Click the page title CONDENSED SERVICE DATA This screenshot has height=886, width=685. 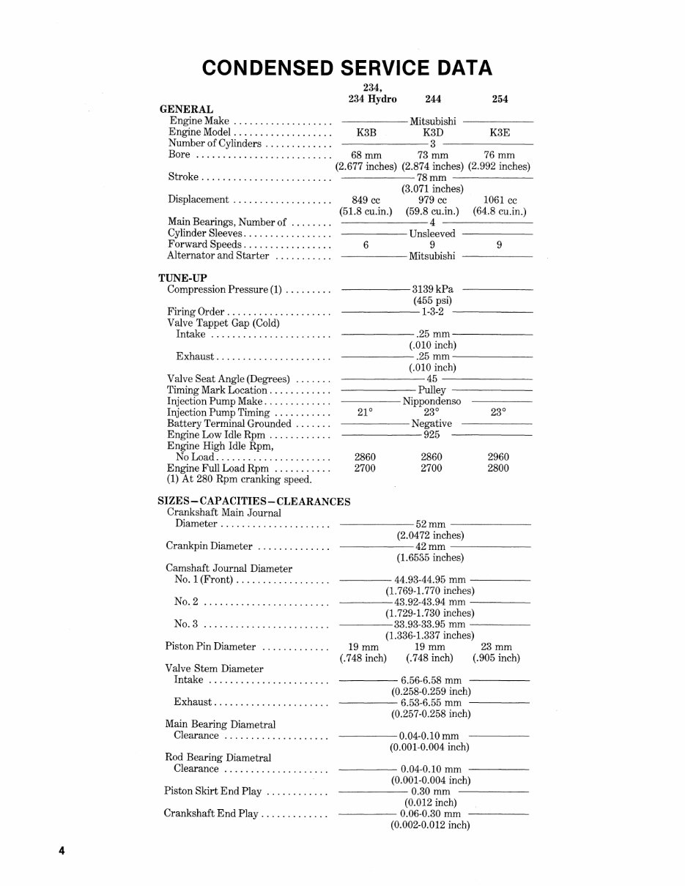(x=347, y=68)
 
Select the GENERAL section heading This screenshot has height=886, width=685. (x=186, y=109)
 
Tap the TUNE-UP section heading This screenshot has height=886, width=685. (x=183, y=278)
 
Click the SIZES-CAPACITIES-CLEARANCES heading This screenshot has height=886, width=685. (x=254, y=502)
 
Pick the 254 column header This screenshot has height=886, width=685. (x=499, y=99)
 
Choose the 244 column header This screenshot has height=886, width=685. (x=432, y=99)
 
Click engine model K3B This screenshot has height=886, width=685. (x=366, y=133)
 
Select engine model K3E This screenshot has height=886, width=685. (x=499, y=133)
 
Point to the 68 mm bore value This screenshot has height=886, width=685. (x=366, y=155)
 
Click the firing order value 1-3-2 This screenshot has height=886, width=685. (x=432, y=312)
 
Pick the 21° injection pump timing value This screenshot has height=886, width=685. (x=366, y=412)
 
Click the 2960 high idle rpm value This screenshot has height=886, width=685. (x=498, y=457)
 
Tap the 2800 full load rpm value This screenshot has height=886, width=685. (x=498, y=468)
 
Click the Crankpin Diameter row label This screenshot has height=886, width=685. (x=210, y=546)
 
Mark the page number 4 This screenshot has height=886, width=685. (x=62, y=851)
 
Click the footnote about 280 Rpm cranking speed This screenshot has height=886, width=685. (x=240, y=480)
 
